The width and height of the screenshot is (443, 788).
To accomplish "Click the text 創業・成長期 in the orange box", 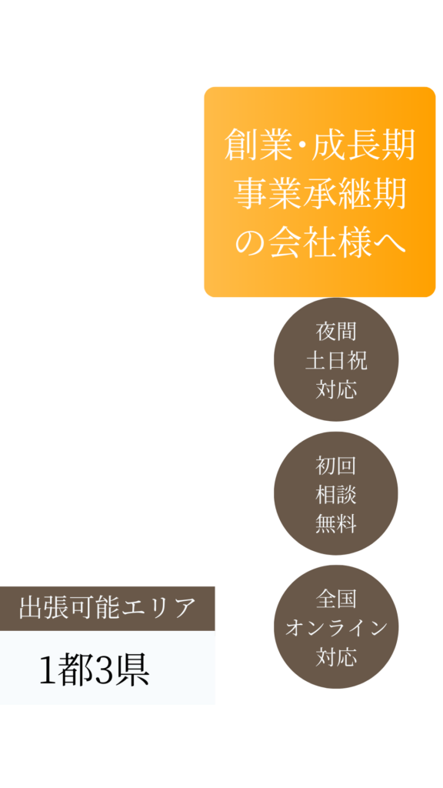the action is tap(319, 145).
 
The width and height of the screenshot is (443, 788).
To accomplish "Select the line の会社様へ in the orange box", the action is tap(319, 242).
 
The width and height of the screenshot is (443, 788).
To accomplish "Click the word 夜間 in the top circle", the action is tap(336, 332).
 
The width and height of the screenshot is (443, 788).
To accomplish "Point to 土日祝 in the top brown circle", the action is tap(336, 361).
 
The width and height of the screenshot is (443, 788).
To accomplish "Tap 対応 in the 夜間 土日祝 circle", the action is tap(336, 389).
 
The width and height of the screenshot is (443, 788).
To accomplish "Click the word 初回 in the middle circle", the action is tap(336, 466).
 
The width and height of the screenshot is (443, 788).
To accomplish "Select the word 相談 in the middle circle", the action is tap(336, 495).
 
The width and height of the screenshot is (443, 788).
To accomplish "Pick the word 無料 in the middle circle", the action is tap(336, 524).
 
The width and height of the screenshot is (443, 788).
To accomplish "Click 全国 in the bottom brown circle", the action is tap(336, 599).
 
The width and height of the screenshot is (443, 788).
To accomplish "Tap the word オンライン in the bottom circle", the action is tap(336, 628).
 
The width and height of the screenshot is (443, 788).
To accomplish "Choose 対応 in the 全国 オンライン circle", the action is tap(336, 657).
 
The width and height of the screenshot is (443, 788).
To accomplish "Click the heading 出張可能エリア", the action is tap(107, 608).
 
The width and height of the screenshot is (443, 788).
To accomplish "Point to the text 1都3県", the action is tap(95, 671).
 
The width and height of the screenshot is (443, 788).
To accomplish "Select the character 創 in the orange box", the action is tap(240, 145).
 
